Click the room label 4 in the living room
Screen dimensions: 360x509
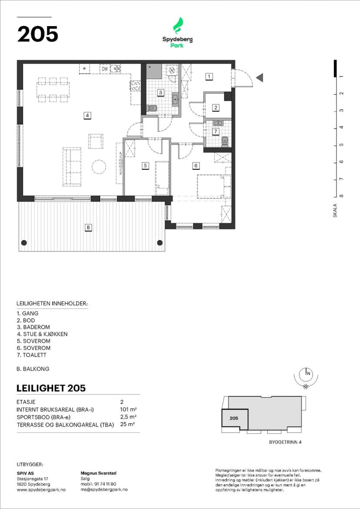87,115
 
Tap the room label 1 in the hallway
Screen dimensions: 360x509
209,77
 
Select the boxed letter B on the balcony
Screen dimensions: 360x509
88,228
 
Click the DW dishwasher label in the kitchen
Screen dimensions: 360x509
104,69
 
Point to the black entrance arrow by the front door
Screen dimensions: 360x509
259,77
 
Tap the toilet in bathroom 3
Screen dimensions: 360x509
152,108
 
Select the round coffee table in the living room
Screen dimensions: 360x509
98,167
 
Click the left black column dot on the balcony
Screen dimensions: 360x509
24,242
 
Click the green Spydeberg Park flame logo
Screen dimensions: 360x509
178,26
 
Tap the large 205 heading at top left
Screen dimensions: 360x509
38,34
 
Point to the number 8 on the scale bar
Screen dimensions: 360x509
341,196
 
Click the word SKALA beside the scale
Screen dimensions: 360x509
335,211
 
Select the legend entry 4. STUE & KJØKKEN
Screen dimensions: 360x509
42,334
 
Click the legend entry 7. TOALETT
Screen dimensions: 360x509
31,355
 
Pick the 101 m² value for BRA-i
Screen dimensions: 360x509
128,409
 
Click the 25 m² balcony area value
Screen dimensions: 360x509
128,424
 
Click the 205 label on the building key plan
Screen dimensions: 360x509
234,418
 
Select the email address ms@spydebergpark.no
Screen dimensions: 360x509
104,489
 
